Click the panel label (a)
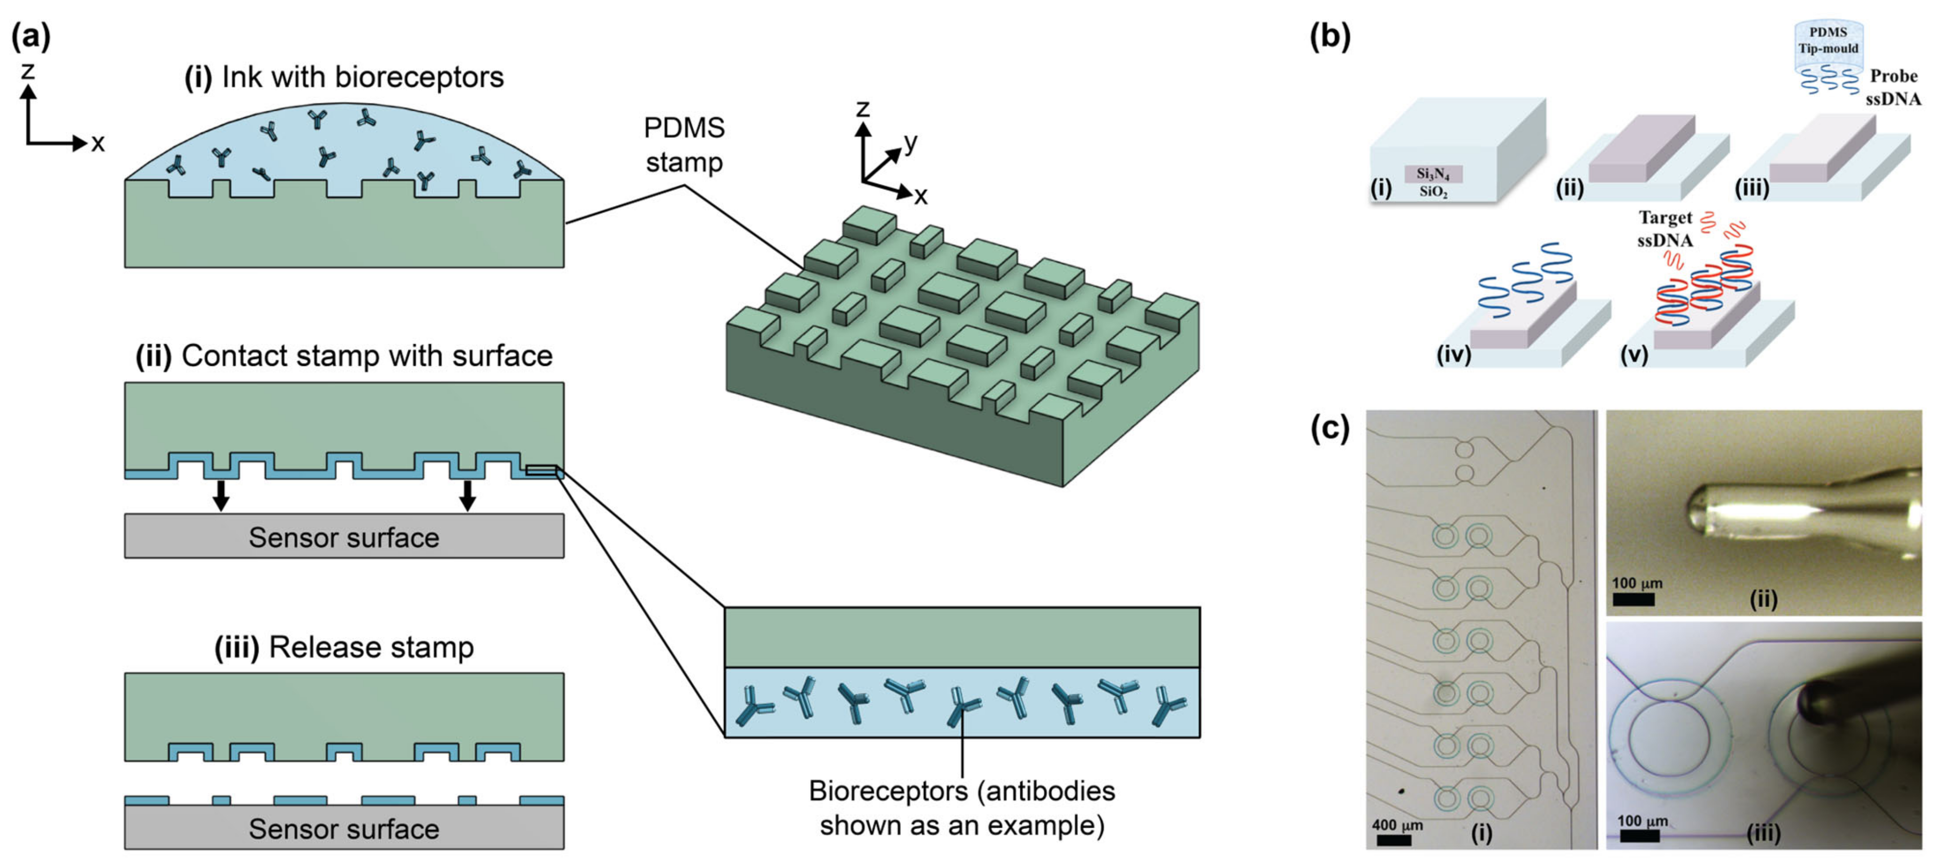pyautogui.click(x=30, y=36)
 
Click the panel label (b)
pyautogui.click(x=1329, y=36)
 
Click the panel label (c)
pyautogui.click(x=1329, y=429)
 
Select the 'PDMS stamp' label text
pyautogui.click(x=684, y=144)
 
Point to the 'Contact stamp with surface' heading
pyautogui.click(x=344, y=356)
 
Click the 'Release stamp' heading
pyautogui.click(x=344, y=648)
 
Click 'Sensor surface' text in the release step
pyautogui.click(x=344, y=829)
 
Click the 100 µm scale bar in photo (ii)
pyautogui.click(x=1633, y=599)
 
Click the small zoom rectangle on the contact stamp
pyautogui.click(x=541, y=471)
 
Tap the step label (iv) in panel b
pyautogui.click(x=1453, y=354)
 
